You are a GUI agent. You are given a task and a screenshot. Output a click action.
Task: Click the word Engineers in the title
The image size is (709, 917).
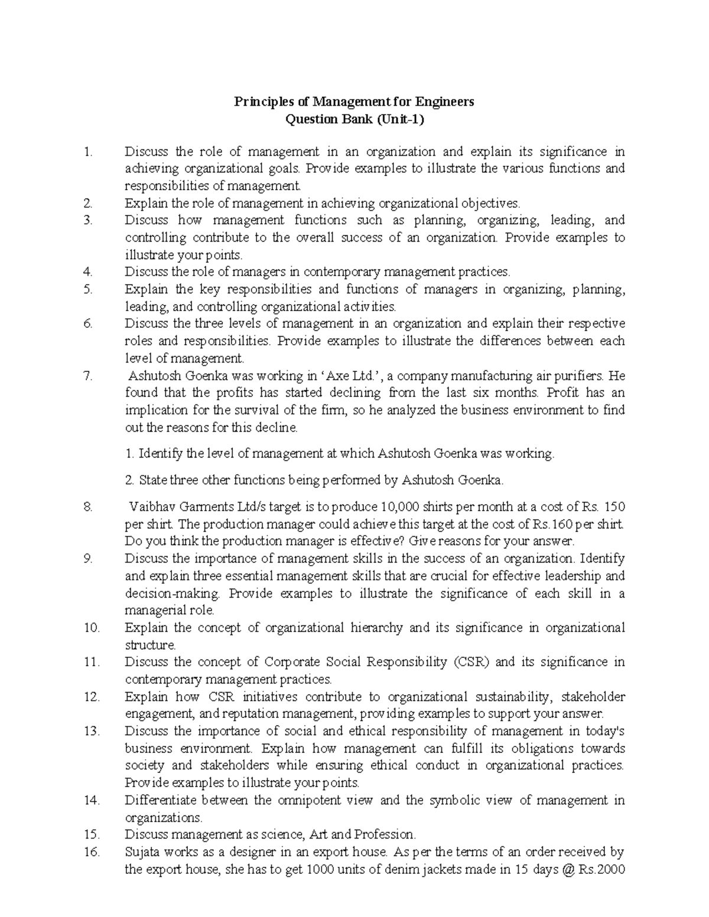click(x=446, y=102)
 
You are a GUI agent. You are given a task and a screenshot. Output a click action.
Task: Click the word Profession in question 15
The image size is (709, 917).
click(x=385, y=835)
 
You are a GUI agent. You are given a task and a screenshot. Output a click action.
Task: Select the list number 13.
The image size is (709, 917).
click(x=92, y=732)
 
